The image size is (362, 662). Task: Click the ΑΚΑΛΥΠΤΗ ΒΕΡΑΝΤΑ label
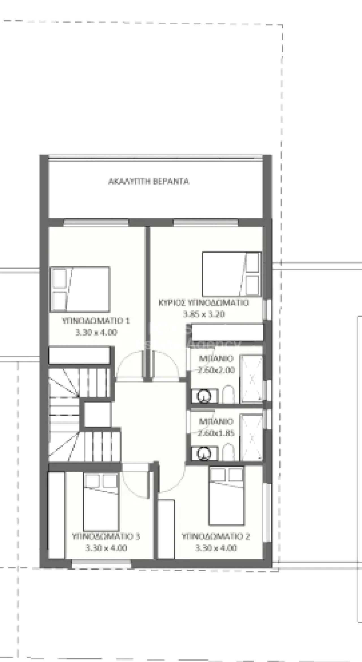pos(149,181)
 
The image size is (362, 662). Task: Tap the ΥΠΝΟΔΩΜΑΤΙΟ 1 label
pos(96,321)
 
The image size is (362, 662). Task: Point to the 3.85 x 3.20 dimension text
pos(204,314)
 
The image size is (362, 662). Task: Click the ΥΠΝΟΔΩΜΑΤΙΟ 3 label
pos(106,537)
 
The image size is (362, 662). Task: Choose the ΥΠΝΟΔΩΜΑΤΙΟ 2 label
pos(216,537)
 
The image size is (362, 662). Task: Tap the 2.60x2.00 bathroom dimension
pos(216,370)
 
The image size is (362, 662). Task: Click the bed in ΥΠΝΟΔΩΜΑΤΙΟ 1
pos(80,289)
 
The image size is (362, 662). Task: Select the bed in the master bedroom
pos(231,274)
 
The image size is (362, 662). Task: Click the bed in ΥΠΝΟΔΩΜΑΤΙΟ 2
pos(226,496)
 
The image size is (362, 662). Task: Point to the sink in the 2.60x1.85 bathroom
pos(204,453)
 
